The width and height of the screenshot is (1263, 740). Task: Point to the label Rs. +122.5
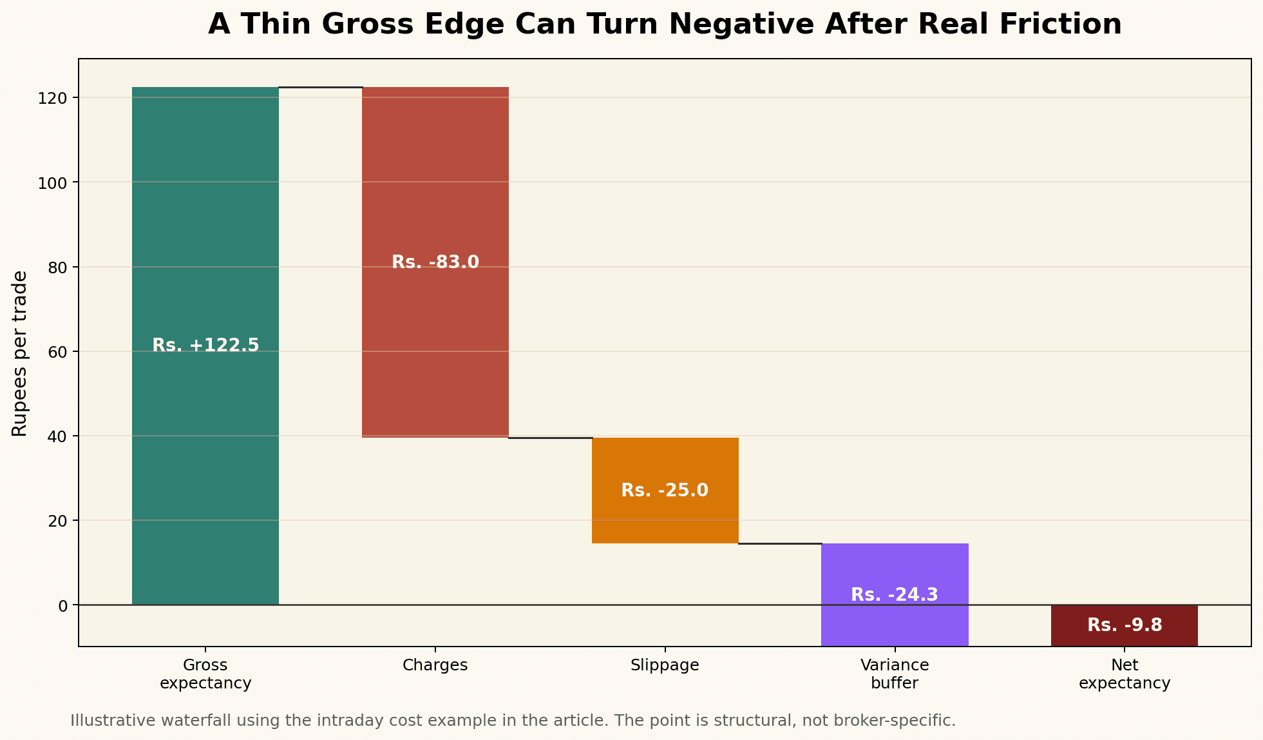205,346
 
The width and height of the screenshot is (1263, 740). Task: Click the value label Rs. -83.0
435,262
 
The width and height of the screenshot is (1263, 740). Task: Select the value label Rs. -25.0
665,491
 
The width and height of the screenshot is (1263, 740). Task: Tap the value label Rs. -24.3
895,595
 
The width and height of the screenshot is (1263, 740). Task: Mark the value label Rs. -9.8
1125,625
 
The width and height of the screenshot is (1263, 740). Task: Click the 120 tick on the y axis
54,98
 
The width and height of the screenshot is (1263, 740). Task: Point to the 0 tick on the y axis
62,605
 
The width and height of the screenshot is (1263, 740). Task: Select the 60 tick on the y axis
58,352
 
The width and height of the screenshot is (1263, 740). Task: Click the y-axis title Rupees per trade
20,353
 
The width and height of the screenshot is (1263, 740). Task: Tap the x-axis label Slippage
665,665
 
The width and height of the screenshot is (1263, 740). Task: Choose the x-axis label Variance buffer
895,674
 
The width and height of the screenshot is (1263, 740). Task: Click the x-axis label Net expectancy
1125,674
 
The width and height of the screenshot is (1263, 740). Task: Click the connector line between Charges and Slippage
550,438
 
